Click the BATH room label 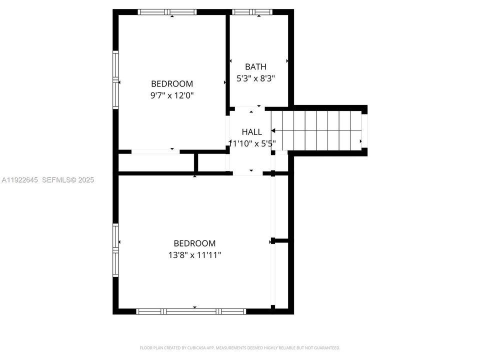tap(255, 66)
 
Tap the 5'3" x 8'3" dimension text tap(255, 78)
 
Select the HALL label tap(251, 132)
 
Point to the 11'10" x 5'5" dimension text tap(252, 143)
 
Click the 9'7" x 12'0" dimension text tap(172, 95)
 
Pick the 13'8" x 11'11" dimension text tap(194, 255)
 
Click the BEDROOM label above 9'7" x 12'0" tap(172, 84)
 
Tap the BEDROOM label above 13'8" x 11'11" tap(194, 243)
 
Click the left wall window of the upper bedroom tap(115, 80)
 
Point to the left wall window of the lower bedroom tap(115, 250)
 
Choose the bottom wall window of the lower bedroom tap(191, 311)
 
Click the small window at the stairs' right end tap(364, 131)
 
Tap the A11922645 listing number tap(19, 180)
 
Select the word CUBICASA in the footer tap(195, 347)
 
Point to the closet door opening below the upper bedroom tap(155, 151)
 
